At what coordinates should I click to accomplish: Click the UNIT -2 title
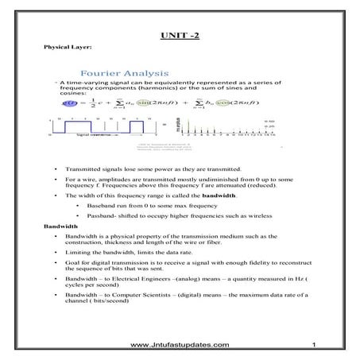180,36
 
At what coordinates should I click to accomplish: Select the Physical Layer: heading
65,48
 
